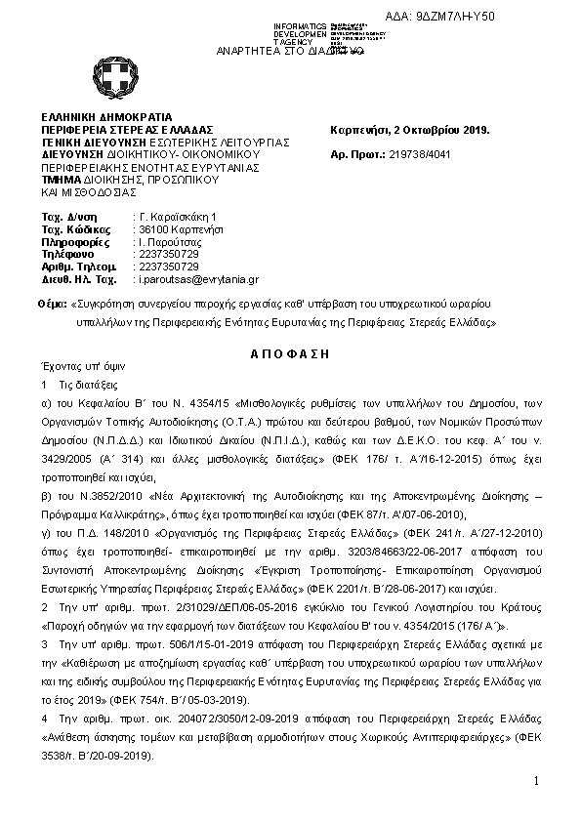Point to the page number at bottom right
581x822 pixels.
(x=536, y=781)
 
